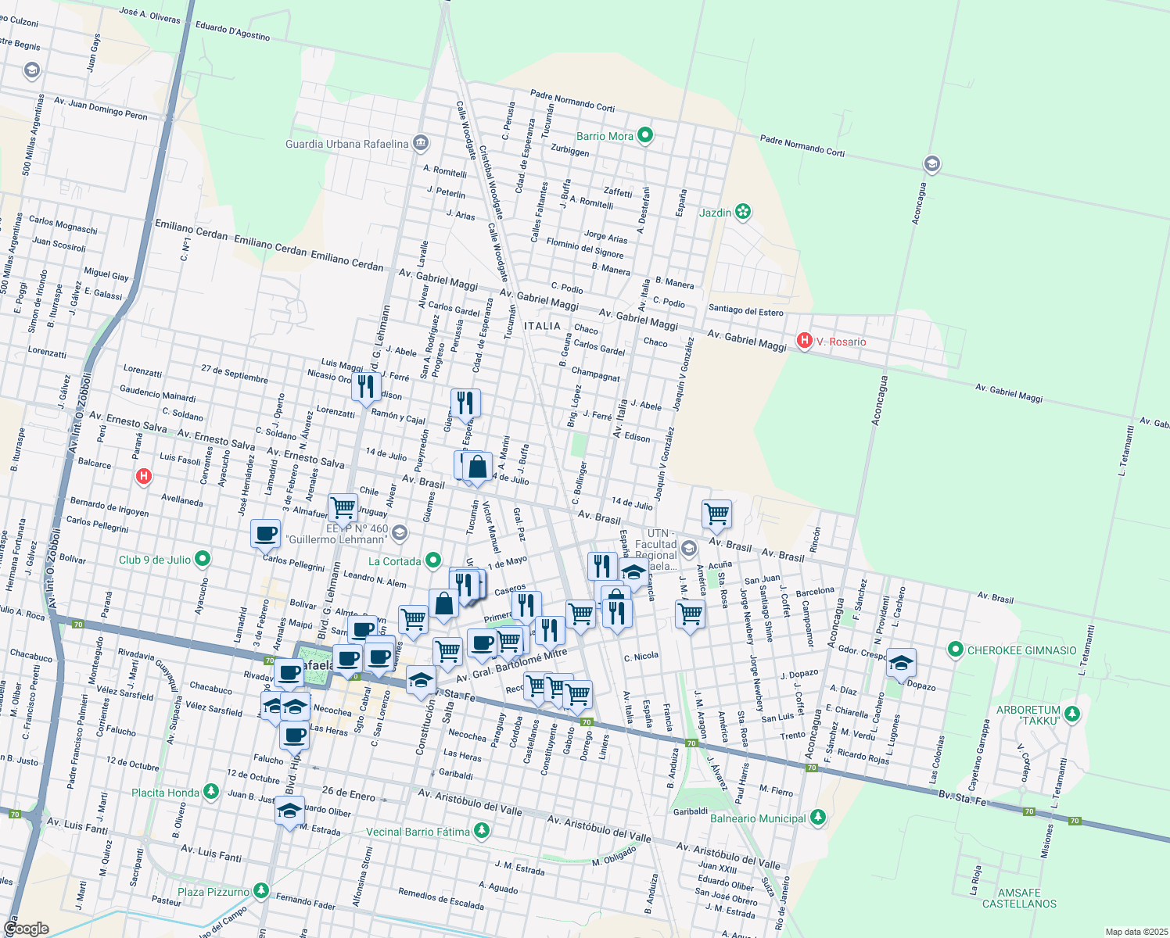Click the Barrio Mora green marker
[x=645, y=136]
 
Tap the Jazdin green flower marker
[x=743, y=212]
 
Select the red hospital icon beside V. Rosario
[x=803, y=341]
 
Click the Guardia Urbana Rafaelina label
[x=346, y=144]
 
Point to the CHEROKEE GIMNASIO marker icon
[x=955, y=650]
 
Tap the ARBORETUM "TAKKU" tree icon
[x=1072, y=714]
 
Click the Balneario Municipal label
[x=757, y=818]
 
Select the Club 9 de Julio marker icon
[x=203, y=559]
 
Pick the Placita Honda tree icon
[x=210, y=792]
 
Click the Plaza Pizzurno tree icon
[x=260, y=891]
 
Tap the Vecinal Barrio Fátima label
[x=418, y=832]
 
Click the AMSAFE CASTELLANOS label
[x=1019, y=898]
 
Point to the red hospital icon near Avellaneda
[x=143, y=475]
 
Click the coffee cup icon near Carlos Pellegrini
[x=265, y=534]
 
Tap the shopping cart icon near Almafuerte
[x=343, y=507]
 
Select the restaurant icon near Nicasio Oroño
[x=365, y=386]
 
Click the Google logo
[x=26, y=928]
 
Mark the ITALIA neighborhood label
[x=542, y=326]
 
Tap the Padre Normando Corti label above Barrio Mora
[x=572, y=100]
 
